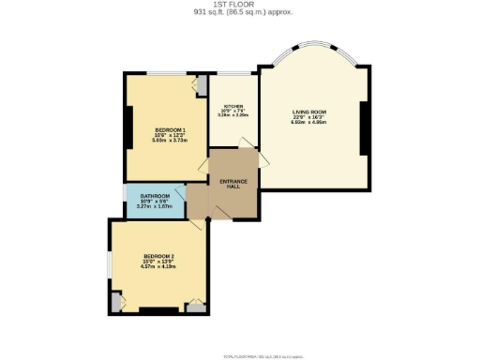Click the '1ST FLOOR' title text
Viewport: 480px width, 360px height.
coord(239,5)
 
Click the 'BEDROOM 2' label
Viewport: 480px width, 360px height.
coord(158,256)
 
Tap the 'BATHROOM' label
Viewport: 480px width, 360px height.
coord(156,196)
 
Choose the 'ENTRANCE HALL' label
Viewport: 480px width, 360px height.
coord(233,183)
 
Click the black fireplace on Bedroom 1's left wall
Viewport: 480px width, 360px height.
coord(127,127)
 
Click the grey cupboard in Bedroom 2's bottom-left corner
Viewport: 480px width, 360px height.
coord(116,302)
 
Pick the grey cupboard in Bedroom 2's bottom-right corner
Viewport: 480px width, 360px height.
coord(196,306)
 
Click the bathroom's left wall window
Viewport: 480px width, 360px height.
coord(126,199)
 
